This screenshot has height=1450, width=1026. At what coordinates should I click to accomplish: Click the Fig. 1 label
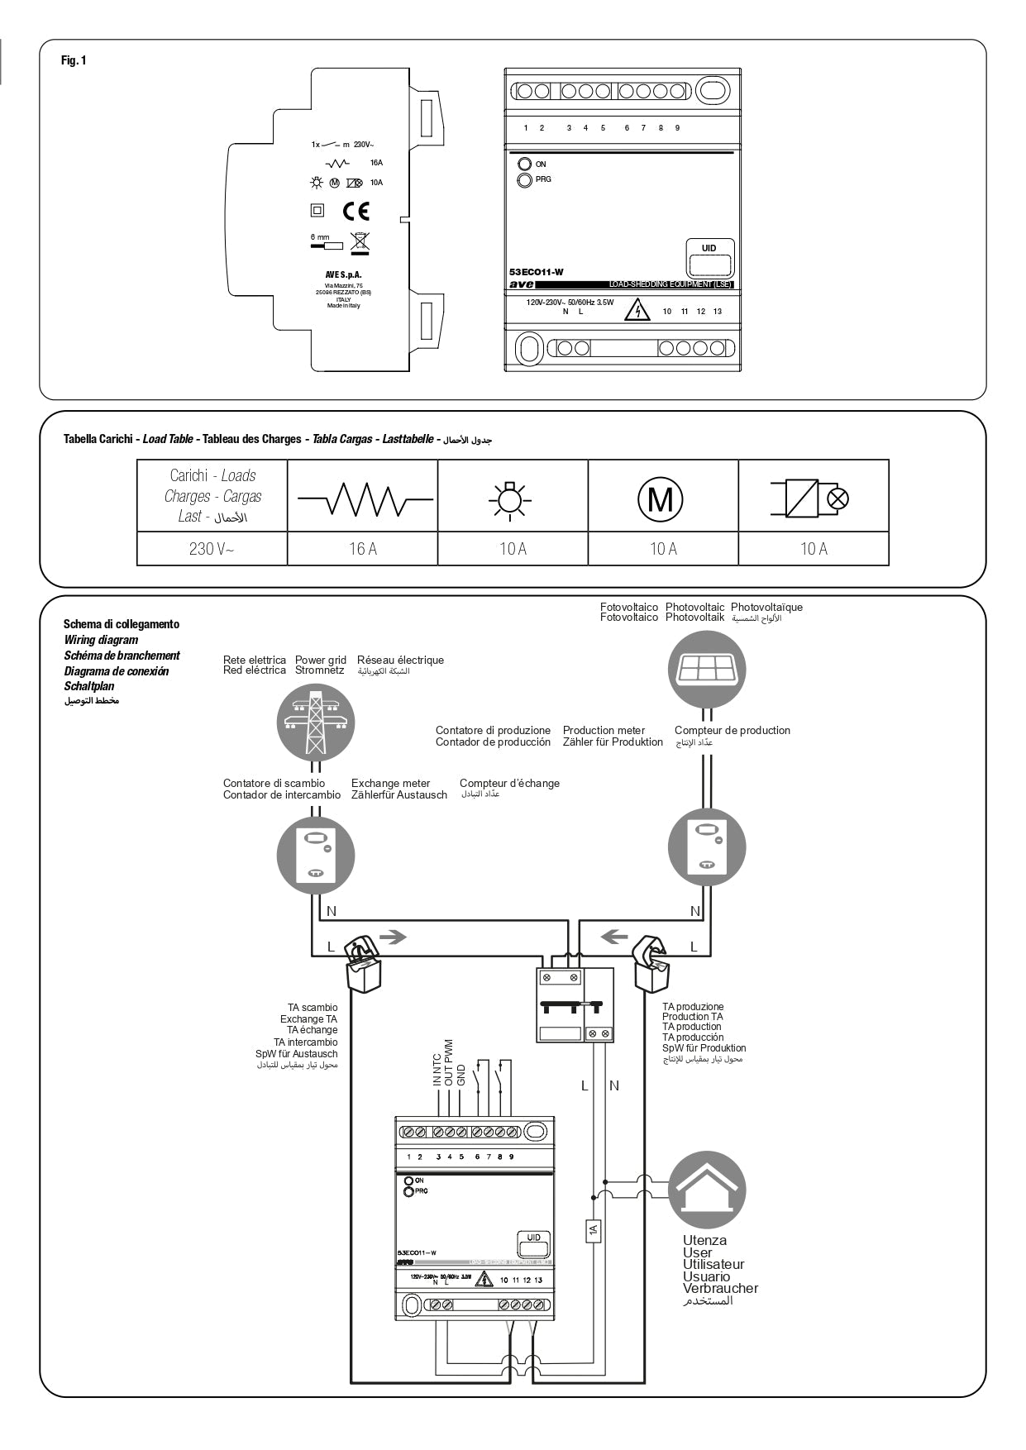point(74,60)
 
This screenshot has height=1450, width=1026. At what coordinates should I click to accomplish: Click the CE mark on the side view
point(356,211)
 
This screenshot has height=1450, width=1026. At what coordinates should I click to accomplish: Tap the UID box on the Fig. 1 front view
point(709,260)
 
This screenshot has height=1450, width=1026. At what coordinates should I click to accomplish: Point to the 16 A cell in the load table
point(362,549)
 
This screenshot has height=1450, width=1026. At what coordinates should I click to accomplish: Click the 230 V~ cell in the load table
point(212,549)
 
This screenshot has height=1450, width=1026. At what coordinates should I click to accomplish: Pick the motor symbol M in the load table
point(660,499)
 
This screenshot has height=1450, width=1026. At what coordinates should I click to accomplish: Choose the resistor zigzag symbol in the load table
point(364,499)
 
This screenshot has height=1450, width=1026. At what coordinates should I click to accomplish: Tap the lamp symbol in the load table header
point(510,499)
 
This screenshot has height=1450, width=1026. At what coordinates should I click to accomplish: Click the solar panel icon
point(707,670)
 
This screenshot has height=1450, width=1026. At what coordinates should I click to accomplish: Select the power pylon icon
point(315,723)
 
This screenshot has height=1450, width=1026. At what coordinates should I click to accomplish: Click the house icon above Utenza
point(707,1190)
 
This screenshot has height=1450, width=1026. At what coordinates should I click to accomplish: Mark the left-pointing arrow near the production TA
point(613,937)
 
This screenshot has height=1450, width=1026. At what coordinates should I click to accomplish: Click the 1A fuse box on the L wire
point(593,1231)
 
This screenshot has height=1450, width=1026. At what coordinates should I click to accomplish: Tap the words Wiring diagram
point(101,640)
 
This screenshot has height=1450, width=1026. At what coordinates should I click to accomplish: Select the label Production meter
point(604,730)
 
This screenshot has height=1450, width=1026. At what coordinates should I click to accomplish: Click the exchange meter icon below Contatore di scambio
point(315,856)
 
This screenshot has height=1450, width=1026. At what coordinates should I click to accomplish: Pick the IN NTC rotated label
point(437,1069)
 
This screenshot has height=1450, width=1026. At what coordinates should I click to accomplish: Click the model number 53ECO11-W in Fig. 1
point(536,272)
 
